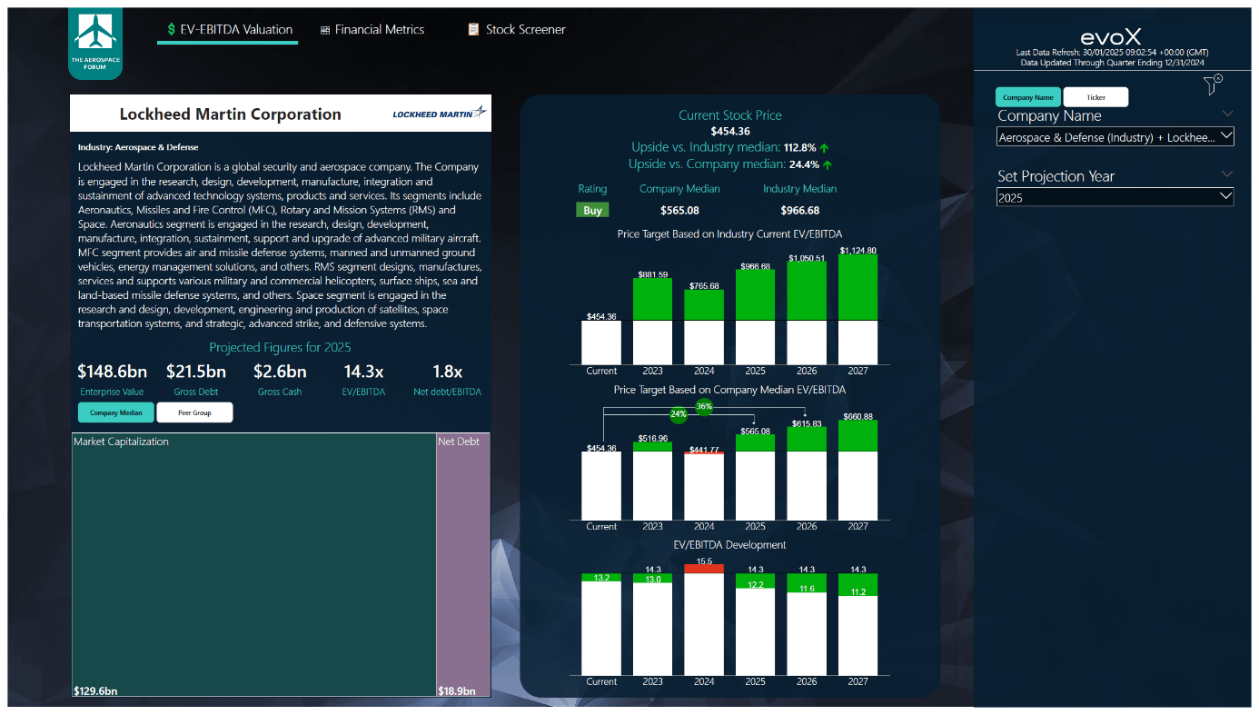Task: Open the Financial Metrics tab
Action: click(x=372, y=30)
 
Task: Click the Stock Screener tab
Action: click(x=517, y=30)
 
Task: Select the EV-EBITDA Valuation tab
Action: click(x=228, y=30)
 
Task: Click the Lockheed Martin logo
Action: click(x=440, y=114)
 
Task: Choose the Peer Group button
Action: click(x=194, y=413)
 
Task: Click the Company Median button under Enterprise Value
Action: click(x=116, y=413)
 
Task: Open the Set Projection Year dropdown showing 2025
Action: click(x=1115, y=197)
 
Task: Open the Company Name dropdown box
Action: click(x=1115, y=137)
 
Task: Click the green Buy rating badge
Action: click(x=592, y=210)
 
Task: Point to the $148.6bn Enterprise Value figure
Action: click(x=112, y=372)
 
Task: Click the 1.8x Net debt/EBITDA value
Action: click(x=447, y=372)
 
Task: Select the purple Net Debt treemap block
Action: click(x=463, y=563)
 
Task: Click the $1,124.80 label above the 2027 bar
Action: click(x=858, y=251)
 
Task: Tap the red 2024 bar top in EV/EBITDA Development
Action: click(x=704, y=569)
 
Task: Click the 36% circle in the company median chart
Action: click(x=704, y=407)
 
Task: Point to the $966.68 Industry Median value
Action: click(x=799, y=211)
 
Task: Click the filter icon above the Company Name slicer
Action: click(x=1213, y=84)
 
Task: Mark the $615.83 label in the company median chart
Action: click(x=807, y=423)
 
